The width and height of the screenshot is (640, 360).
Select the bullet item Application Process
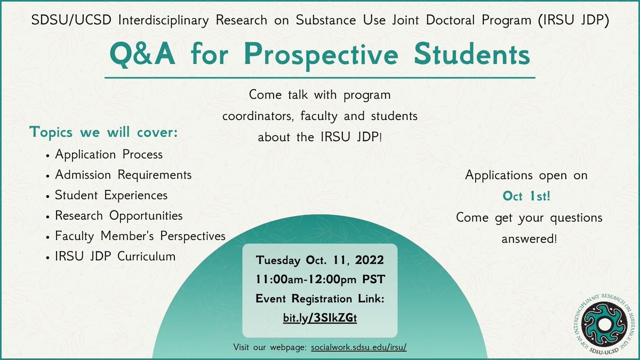[x=109, y=155]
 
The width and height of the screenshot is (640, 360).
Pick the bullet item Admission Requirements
[x=123, y=175]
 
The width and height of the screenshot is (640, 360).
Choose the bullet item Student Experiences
[x=111, y=195]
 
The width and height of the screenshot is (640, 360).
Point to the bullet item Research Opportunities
[x=118, y=215]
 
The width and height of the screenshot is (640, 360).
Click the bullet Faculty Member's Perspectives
[x=140, y=236]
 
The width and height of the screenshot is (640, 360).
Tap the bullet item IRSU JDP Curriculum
[x=115, y=256]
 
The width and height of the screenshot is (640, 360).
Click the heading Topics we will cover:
[x=103, y=132]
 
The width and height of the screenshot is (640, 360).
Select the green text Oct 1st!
[x=526, y=196]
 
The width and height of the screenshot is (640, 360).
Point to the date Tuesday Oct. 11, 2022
[x=320, y=261]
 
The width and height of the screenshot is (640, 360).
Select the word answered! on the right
[x=529, y=239]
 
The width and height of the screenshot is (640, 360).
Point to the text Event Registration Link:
[x=320, y=299]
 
